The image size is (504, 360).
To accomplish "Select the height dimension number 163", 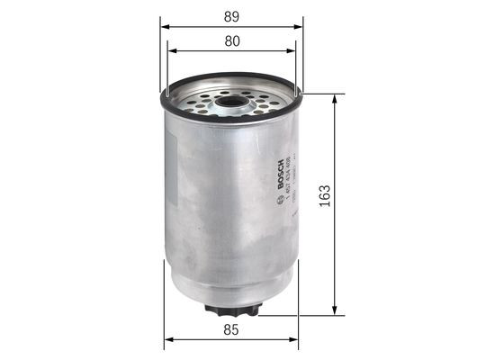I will coord(325,194).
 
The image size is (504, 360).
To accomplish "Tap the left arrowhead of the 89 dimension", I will coord(166,27).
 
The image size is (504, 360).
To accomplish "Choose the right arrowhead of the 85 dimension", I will coord(298,340).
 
